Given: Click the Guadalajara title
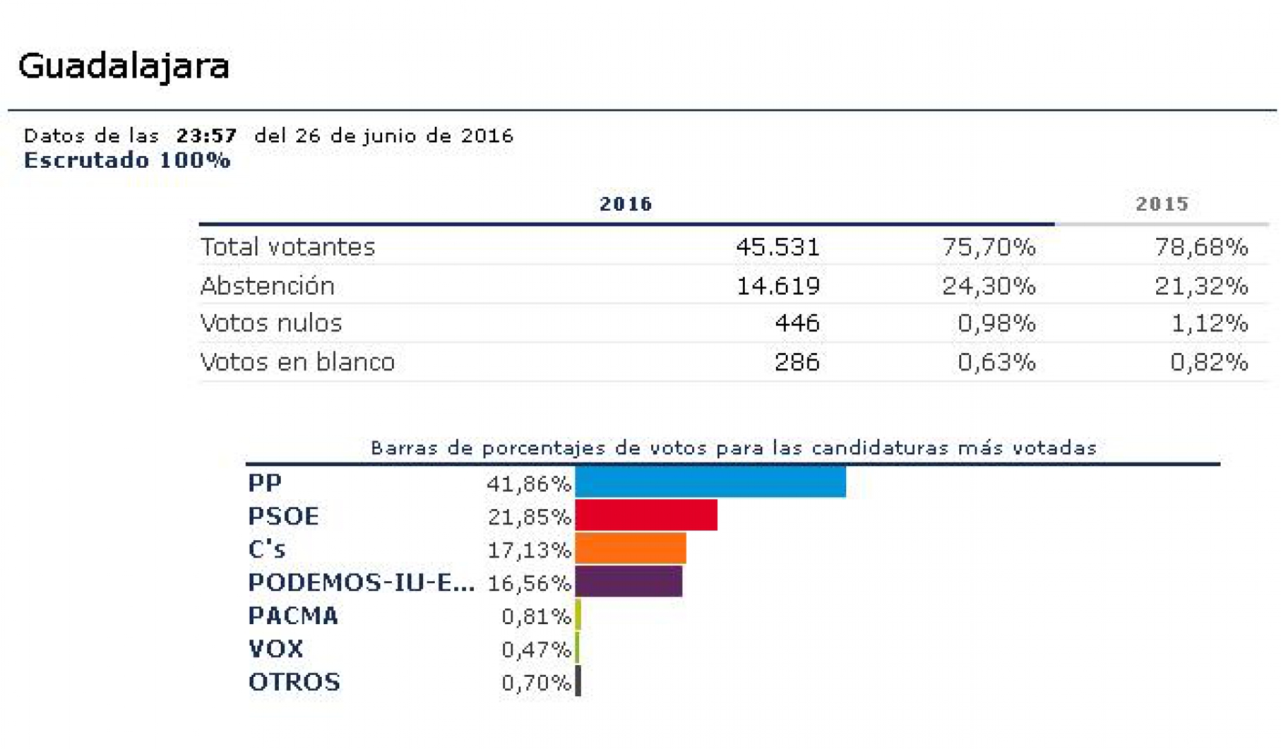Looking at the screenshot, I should click(123, 67).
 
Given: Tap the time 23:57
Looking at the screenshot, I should click(206, 135).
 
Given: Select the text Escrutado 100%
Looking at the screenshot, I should click(127, 160).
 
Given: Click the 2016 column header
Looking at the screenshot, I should click(626, 204).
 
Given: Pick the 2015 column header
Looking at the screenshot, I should click(1162, 204).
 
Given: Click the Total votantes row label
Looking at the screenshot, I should click(287, 247).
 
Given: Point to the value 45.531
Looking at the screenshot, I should click(777, 247).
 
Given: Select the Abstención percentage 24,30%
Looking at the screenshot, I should click(988, 286).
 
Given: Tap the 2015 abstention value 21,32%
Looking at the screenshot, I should click(1201, 286).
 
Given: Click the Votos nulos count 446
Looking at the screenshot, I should click(797, 323).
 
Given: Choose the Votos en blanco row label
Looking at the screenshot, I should click(297, 362).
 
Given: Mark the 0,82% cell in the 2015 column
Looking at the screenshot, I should click(1209, 362).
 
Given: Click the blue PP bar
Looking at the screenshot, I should click(710, 482).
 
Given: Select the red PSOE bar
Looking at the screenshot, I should click(646, 515).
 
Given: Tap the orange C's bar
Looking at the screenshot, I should click(630, 549).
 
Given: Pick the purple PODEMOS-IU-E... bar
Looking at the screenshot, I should click(628, 582).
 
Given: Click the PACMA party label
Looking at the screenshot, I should click(293, 616).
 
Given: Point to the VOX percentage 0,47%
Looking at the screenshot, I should click(535, 649).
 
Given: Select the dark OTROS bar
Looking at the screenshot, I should click(578, 682).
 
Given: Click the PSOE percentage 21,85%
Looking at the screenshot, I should click(528, 517).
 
